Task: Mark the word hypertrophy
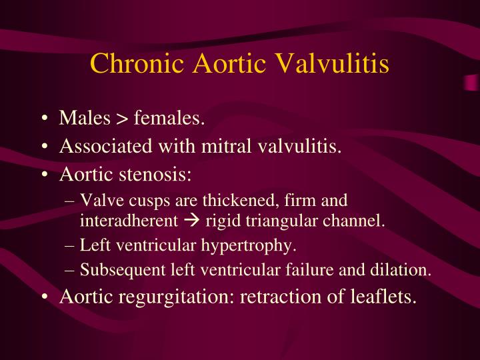click(x=258, y=245)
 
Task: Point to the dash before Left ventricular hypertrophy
click(x=71, y=245)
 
